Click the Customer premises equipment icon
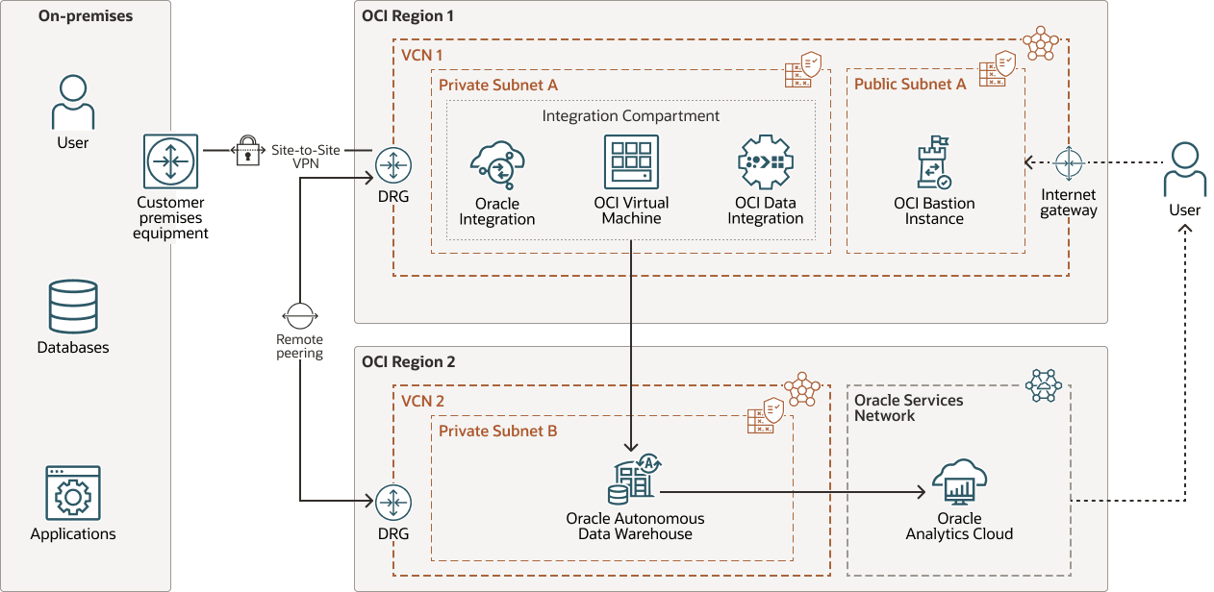pyautogui.click(x=170, y=162)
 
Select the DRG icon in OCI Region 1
pyautogui.click(x=392, y=164)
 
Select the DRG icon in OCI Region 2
pyautogui.click(x=392, y=502)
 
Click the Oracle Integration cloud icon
pyautogui.click(x=497, y=166)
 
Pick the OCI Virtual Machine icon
pyautogui.click(x=631, y=161)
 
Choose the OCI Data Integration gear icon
pyautogui.click(x=765, y=162)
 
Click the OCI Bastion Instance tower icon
pyautogui.click(x=934, y=163)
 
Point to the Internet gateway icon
pyautogui.click(x=1069, y=163)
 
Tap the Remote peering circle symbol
pyautogui.click(x=299, y=314)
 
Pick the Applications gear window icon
pyautogui.click(x=73, y=493)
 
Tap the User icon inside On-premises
pyautogui.click(x=73, y=103)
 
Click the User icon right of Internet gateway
pyautogui.click(x=1184, y=170)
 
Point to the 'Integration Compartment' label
pyautogui.click(x=631, y=116)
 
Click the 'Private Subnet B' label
pyautogui.click(x=497, y=432)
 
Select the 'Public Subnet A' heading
pyautogui.click(x=910, y=85)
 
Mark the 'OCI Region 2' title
pyautogui.click(x=409, y=362)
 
